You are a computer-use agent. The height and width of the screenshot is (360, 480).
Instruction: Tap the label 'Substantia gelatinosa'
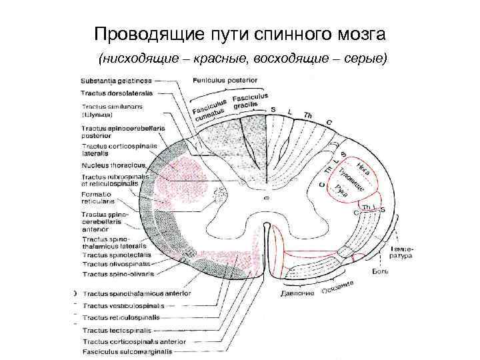click(x=117, y=81)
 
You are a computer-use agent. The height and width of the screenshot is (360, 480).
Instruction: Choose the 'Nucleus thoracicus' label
click(x=113, y=165)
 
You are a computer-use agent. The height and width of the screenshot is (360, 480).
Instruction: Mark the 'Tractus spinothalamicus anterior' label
click(x=136, y=293)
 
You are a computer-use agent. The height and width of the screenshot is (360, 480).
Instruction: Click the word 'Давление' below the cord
click(x=297, y=294)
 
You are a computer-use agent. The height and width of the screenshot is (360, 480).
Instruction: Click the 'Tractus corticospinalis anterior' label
click(x=134, y=341)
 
